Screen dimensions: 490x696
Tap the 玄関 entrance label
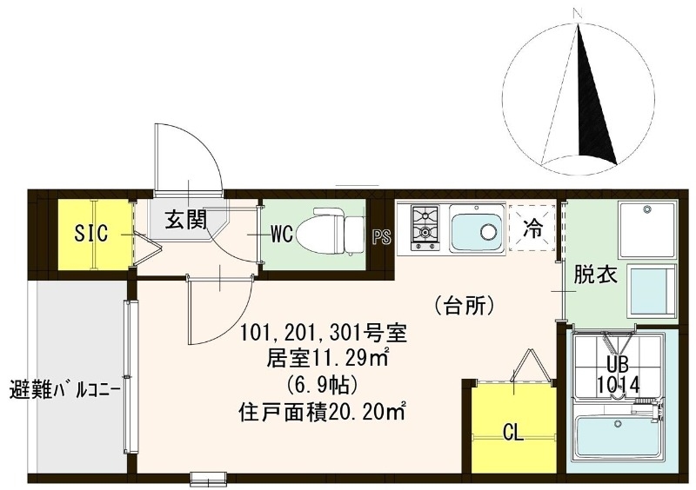(x=185, y=220)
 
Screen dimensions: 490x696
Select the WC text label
(x=280, y=234)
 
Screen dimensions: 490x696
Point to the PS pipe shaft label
(x=380, y=237)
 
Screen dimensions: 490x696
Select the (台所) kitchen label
(x=463, y=305)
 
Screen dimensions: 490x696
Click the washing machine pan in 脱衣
(x=646, y=228)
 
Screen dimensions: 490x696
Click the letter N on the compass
(x=577, y=12)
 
